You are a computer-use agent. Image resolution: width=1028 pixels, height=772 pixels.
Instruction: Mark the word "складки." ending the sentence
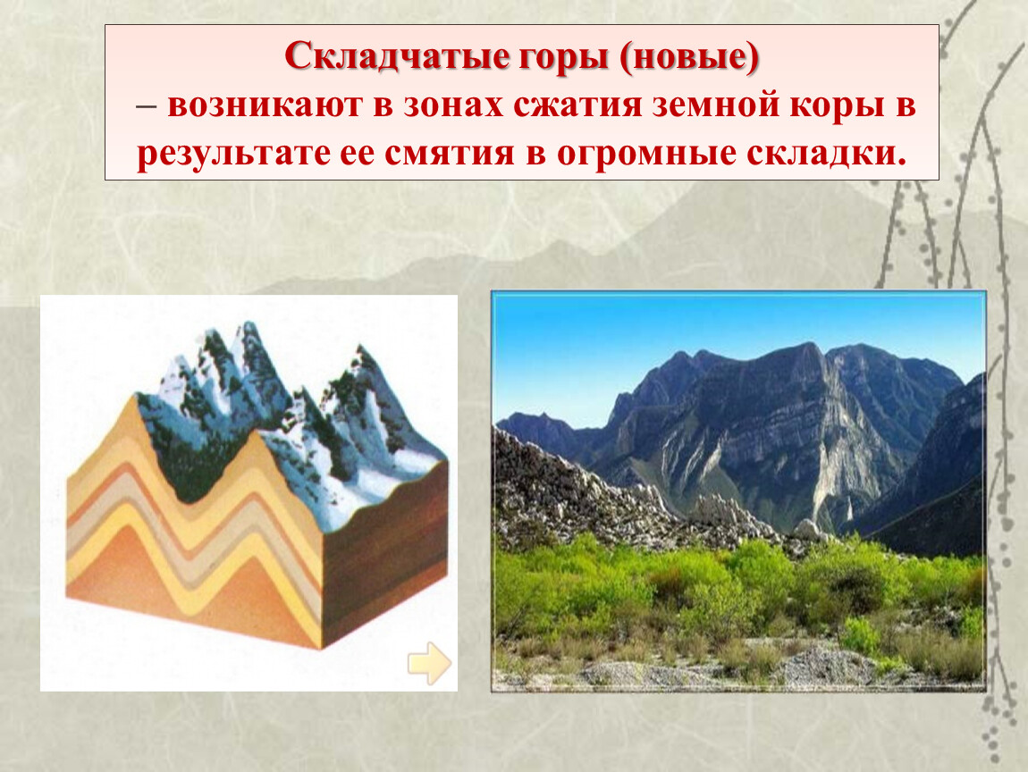click(x=827, y=155)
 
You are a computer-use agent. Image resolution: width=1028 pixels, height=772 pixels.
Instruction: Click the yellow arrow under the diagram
click(x=430, y=663)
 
